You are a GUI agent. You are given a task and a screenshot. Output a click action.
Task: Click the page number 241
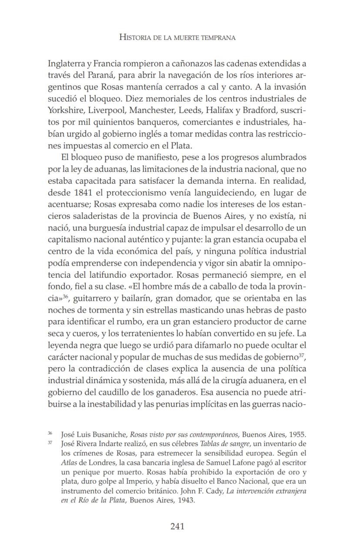coord(177,526)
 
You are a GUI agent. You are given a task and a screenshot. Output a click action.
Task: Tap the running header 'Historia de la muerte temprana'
coord(177,38)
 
